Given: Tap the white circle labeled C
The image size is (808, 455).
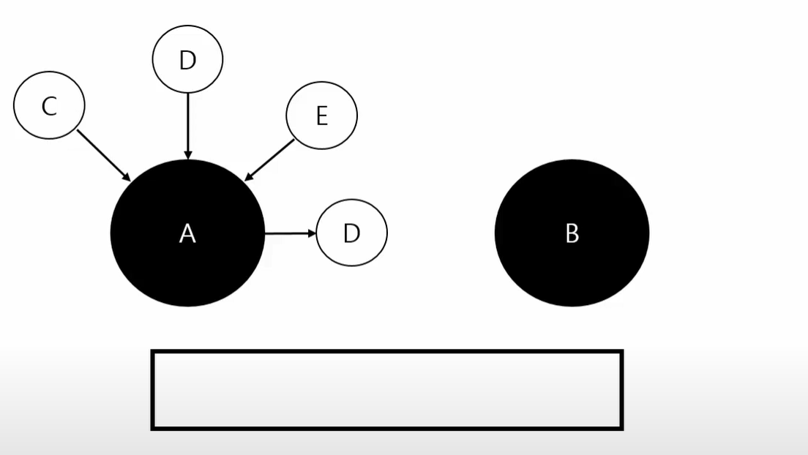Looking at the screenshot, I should [49, 105].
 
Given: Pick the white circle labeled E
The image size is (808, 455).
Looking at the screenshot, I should [321, 116].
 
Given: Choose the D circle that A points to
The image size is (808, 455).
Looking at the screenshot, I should [351, 233].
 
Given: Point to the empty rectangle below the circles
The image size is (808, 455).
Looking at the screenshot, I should [386, 389].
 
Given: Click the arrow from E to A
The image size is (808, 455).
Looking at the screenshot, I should [269, 159].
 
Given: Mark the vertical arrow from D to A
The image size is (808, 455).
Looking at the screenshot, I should [188, 124].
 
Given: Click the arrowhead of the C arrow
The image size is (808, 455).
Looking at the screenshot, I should [126, 176].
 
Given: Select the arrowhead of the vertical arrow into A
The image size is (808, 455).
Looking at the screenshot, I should [188, 154].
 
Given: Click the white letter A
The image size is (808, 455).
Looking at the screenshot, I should [187, 233].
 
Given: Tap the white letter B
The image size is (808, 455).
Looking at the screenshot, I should [572, 233].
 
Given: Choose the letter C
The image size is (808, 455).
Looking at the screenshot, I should [49, 107].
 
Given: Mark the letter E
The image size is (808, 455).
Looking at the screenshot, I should [321, 116].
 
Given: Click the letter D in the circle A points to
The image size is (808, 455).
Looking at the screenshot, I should [352, 233].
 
